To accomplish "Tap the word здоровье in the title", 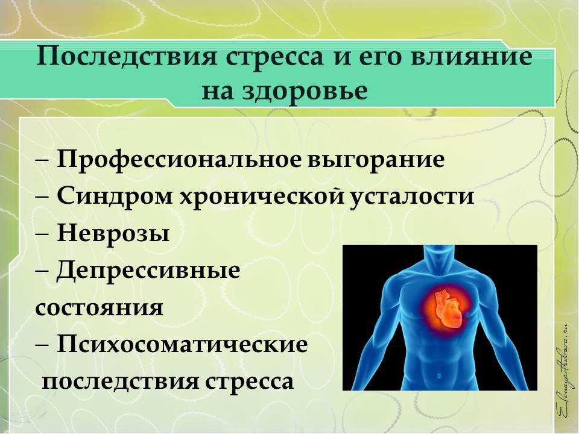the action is [305, 91].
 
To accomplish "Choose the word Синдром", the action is [115, 195].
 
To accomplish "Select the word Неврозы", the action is [113, 233].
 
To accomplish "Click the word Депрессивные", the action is [148, 271].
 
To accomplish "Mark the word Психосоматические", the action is [182, 344].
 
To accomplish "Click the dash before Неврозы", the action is [43, 234].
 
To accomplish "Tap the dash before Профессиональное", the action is [43, 161].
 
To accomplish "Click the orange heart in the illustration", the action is [448, 309].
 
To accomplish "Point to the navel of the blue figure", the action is [440, 376].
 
